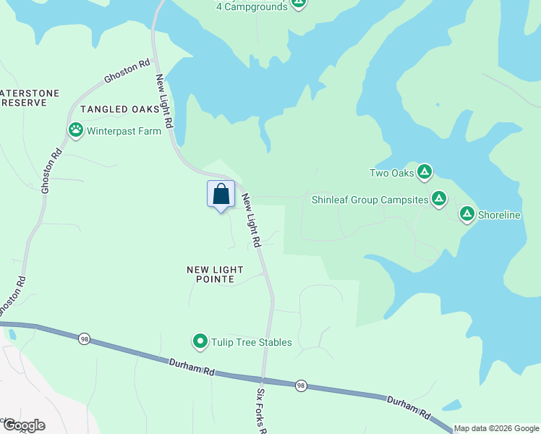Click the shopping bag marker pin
click(x=221, y=195)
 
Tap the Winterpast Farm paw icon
click(x=76, y=130)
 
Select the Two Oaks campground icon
click(x=425, y=172)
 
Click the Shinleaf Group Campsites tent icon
click(x=438, y=199)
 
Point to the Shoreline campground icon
click(x=467, y=214)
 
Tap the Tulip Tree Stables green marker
click(x=200, y=341)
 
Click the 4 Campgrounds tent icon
click(x=299, y=4)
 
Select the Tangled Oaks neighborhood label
click(x=119, y=109)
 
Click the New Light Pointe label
click(x=215, y=274)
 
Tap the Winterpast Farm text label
click(x=124, y=132)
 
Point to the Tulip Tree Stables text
click(x=250, y=342)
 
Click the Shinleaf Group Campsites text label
click(x=370, y=200)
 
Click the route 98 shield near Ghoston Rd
click(x=84, y=339)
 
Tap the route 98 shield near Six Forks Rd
click(x=301, y=386)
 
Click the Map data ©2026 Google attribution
click(x=496, y=428)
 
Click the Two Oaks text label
click(x=391, y=173)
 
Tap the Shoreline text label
click(x=500, y=216)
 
